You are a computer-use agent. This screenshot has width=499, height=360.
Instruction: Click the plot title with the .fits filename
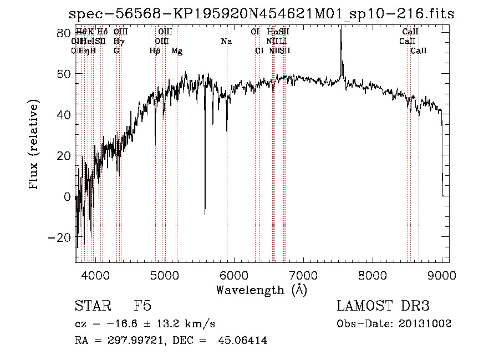tap(261, 14)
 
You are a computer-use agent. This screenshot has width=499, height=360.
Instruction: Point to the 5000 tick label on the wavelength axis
tap(164, 275)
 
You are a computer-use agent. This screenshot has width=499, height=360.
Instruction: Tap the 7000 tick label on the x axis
tap(303, 275)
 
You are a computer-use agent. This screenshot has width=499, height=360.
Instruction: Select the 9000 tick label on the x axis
tap(442, 275)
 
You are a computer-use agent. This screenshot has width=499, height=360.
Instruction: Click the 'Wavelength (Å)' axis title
tap(262, 290)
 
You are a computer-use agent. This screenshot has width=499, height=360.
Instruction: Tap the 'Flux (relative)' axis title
tap(34, 145)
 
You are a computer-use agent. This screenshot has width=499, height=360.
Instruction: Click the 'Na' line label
tap(226, 42)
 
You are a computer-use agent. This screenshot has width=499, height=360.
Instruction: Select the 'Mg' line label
tap(177, 51)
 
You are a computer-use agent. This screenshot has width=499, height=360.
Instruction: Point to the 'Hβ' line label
tap(155, 51)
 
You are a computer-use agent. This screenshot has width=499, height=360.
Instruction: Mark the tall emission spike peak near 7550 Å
tap(341, 29)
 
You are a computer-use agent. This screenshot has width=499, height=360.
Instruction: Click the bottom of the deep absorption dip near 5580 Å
tap(205, 214)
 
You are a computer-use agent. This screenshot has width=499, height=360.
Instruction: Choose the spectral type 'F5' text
tap(142, 306)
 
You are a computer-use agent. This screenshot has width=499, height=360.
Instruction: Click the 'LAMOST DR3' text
tap(383, 306)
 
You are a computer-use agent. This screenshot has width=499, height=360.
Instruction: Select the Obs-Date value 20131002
tap(425, 323)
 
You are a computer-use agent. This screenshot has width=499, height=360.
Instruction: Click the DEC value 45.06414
tap(245, 341)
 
